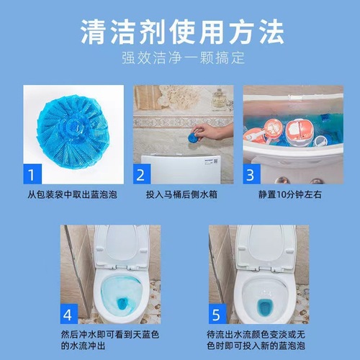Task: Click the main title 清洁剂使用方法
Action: pyautogui.click(x=180, y=32)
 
